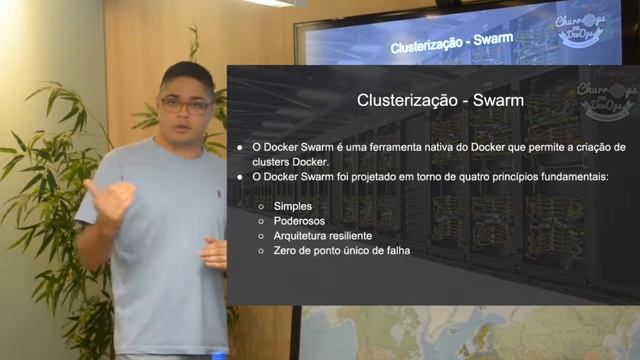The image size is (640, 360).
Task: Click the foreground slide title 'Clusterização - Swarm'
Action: click(441, 100)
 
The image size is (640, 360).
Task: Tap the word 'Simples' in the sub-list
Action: click(292, 205)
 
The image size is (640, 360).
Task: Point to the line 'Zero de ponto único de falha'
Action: click(341, 250)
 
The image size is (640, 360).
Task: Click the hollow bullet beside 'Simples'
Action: click(261, 205)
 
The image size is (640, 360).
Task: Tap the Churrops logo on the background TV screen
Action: click(581, 31)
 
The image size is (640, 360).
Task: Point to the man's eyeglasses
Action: click(185, 104)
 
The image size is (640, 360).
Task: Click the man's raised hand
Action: click(110, 200)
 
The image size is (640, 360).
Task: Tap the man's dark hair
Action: click(186, 76)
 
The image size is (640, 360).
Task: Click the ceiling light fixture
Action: click(270, 3)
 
